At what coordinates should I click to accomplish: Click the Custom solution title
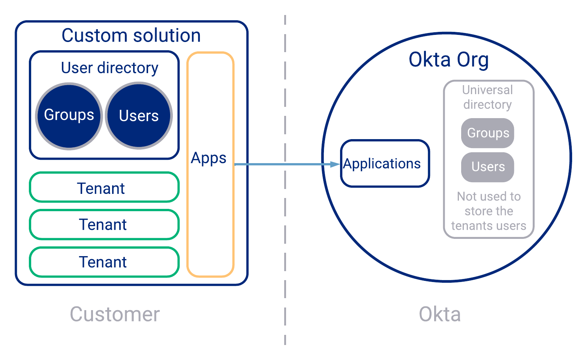(x=131, y=36)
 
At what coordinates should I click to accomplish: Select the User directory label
(x=109, y=68)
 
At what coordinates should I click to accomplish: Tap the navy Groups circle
(x=69, y=116)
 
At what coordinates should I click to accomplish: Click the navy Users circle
(x=139, y=116)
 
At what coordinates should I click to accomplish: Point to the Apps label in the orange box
(x=208, y=158)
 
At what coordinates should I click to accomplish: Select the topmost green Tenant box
(x=104, y=187)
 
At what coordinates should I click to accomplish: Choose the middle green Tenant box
(x=104, y=225)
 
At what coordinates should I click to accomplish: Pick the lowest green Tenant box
(x=104, y=262)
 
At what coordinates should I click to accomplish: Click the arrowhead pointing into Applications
(x=335, y=164)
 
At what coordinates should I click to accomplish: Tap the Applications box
(x=385, y=163)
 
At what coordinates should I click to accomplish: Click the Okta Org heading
(x=448, y=60)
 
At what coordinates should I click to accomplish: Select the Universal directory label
(x=487, y=97)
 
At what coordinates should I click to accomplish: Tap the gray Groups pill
(x=487, y=133)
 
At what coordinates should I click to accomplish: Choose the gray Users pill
(x=487, y=167)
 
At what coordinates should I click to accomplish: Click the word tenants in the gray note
(x=469, y=226)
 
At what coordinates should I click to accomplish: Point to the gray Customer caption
(x=115, y=314)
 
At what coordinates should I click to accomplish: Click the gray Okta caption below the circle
(x=439, y=314)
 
